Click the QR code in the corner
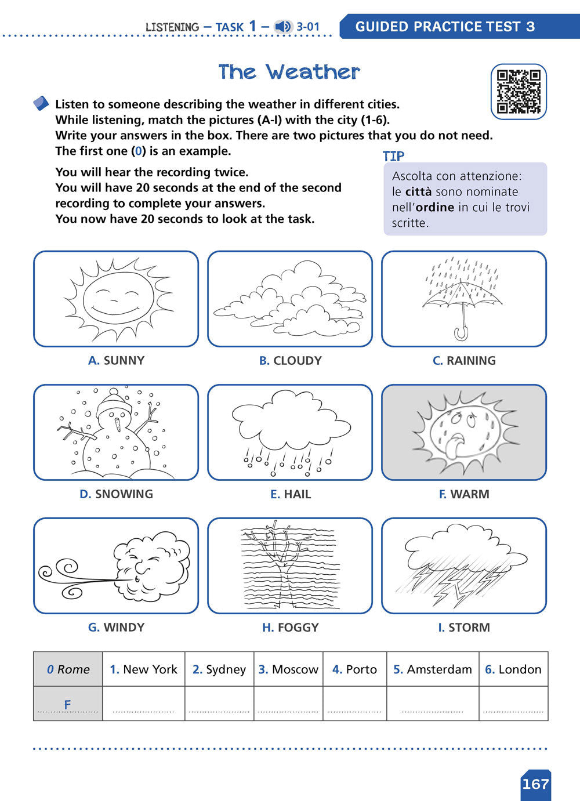tap(519, 92)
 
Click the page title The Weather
tap(289, 72)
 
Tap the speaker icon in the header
tap(283, 27)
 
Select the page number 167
tap(535, 784)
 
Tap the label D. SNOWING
tap(116, 494)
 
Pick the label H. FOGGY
tap(290, 628)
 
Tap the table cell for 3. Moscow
tap(288, 669)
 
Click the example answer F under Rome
tap(67, 704)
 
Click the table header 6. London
tap(513, 669)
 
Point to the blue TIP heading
tap(393, 156)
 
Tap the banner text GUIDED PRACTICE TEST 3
tap(445, 27)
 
